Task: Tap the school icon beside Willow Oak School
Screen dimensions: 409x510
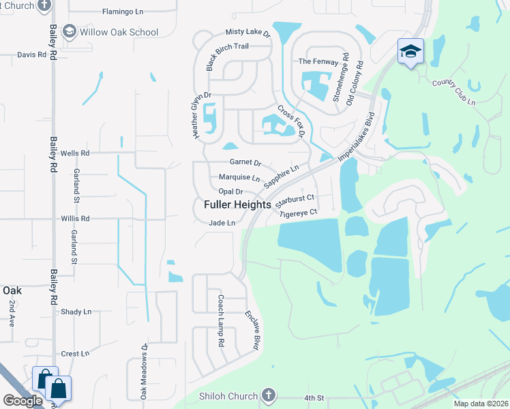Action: (x=69, y=31)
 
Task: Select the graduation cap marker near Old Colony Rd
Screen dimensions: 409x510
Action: (x=410, y=52)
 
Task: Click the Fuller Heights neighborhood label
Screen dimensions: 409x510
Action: (x=237, y=204)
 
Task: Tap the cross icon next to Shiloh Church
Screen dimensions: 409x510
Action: (x=269, y=396)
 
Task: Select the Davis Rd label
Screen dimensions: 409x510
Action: (x=31, y=55)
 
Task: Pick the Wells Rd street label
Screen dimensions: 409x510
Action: (x=75, y=153)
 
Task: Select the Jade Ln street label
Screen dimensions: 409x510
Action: (x=222, y=223)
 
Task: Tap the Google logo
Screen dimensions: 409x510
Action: (x=22, y=401)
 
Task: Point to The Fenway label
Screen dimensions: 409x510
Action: (x=318, y=61)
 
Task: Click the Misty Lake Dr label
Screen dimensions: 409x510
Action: (x=248, y=33)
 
